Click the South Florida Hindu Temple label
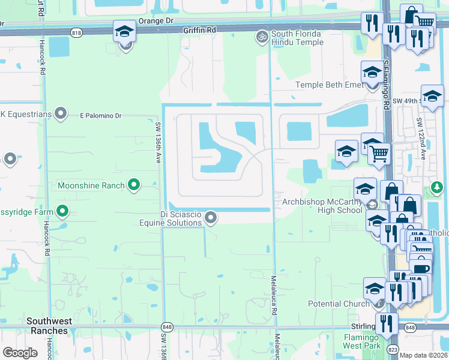click(x=296, y=38)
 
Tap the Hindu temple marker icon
click(x=261, y=38)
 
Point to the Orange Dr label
click(x=155, y=20)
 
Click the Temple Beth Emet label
click(x=330, y=85)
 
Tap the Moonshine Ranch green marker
click(x=134, y=185)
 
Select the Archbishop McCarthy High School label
click(x=322, y=206)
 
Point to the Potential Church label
click(x=339, y=304)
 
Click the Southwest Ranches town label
click(x=47, y=326)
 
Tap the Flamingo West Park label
click(x=362, y=341)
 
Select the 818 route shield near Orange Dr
click(x=76, y=32)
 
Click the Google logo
click(x=20, y=353)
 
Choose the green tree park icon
click(x=436, y=190)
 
